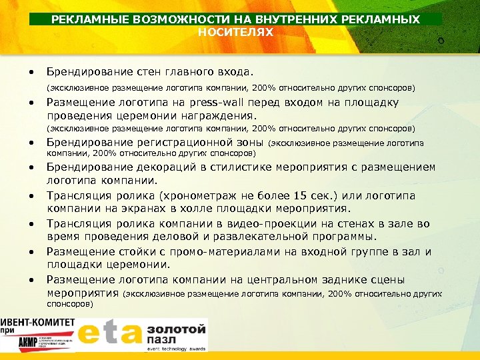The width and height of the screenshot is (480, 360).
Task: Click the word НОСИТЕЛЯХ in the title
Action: point(235,31)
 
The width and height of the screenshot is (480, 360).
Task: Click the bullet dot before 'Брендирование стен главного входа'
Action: point(31,71)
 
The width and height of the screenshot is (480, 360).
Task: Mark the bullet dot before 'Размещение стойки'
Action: point(31,253)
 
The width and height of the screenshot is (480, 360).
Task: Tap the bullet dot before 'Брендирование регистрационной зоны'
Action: point(31,143)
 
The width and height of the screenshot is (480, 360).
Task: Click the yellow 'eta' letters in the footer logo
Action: point(109,334)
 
